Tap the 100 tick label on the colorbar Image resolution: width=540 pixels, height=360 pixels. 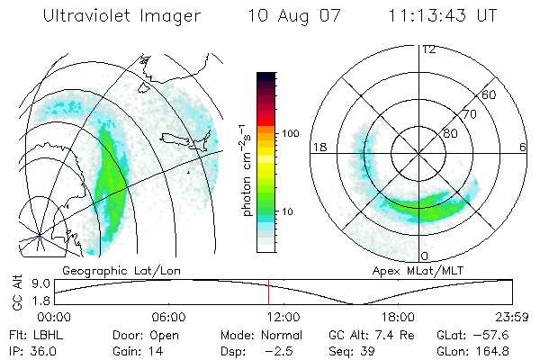(x=291, y=133)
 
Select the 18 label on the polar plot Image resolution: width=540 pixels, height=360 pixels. (x=319, y=147)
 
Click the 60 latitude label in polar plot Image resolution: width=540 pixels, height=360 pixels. (x=489, y=94)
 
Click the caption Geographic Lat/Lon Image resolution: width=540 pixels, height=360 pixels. (x=104, y=270)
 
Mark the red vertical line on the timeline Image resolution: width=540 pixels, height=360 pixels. (x=268, y=292)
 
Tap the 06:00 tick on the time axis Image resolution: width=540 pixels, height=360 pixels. (x=169, y=317)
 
